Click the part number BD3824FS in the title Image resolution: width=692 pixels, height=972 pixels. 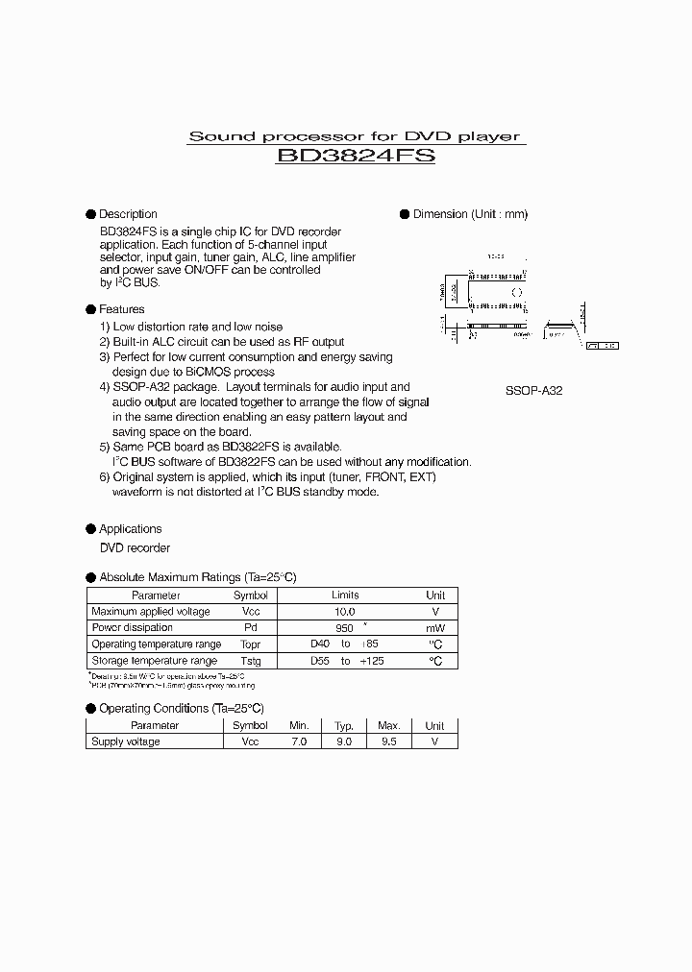click(355, 156)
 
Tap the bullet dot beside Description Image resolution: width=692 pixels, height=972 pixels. click(91, 214)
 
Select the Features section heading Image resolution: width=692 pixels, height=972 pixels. click(122, 309)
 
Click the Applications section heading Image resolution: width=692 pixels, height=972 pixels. click(131, 528)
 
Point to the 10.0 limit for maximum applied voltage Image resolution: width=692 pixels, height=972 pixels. click(345, 612)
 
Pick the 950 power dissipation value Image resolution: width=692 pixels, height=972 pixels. click(345, 628)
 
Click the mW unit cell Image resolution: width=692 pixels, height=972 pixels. click(435, 628)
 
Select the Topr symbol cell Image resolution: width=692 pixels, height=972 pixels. click(250, 644)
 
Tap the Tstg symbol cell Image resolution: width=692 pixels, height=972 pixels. click(250, 661)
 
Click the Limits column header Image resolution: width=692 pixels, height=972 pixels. click(345, 595)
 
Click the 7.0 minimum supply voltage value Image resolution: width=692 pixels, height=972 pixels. click(299, 741)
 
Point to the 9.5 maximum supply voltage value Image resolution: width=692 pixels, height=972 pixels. click(388, 741)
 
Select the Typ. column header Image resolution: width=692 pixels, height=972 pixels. click(344, 726)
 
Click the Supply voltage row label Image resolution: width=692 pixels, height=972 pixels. click(126, 741)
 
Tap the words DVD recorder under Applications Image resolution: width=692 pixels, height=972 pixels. click(135, 547)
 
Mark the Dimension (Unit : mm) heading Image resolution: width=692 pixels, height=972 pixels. click(470, 214)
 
